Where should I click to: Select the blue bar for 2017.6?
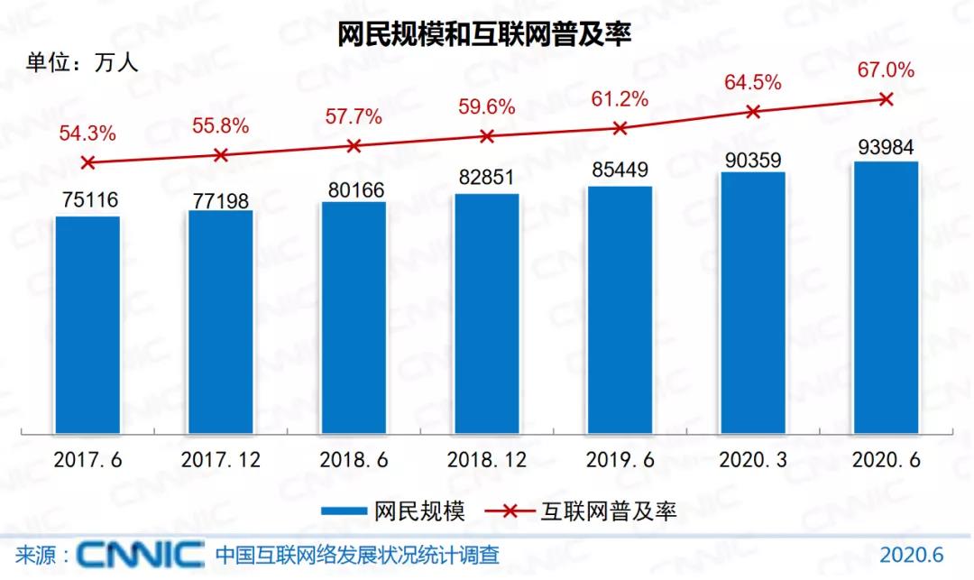coord(87,325)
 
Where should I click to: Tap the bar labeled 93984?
coord(886,298)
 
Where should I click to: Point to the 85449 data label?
coord(620,170)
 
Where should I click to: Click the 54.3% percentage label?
coord(87,133)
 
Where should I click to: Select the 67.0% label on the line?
coord(886,69)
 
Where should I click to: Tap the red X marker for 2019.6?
coord(620,128)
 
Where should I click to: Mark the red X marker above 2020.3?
coord(753,111)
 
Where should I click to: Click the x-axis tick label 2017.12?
coord(221,460)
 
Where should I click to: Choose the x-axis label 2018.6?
coord(354,460)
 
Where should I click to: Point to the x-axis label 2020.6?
coord(886,460)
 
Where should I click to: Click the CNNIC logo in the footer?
coord(140,553)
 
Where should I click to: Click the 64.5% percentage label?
coord(753,83)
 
